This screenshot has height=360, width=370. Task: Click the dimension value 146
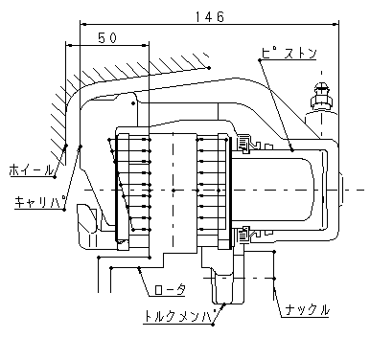[210, 17]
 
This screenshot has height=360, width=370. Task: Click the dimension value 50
[107, 38]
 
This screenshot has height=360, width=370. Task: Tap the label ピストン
[289, 53]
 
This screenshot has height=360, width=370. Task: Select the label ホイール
[31, 169]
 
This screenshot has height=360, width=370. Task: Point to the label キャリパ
[40, 201]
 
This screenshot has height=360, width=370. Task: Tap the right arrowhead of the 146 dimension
[335, 24]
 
